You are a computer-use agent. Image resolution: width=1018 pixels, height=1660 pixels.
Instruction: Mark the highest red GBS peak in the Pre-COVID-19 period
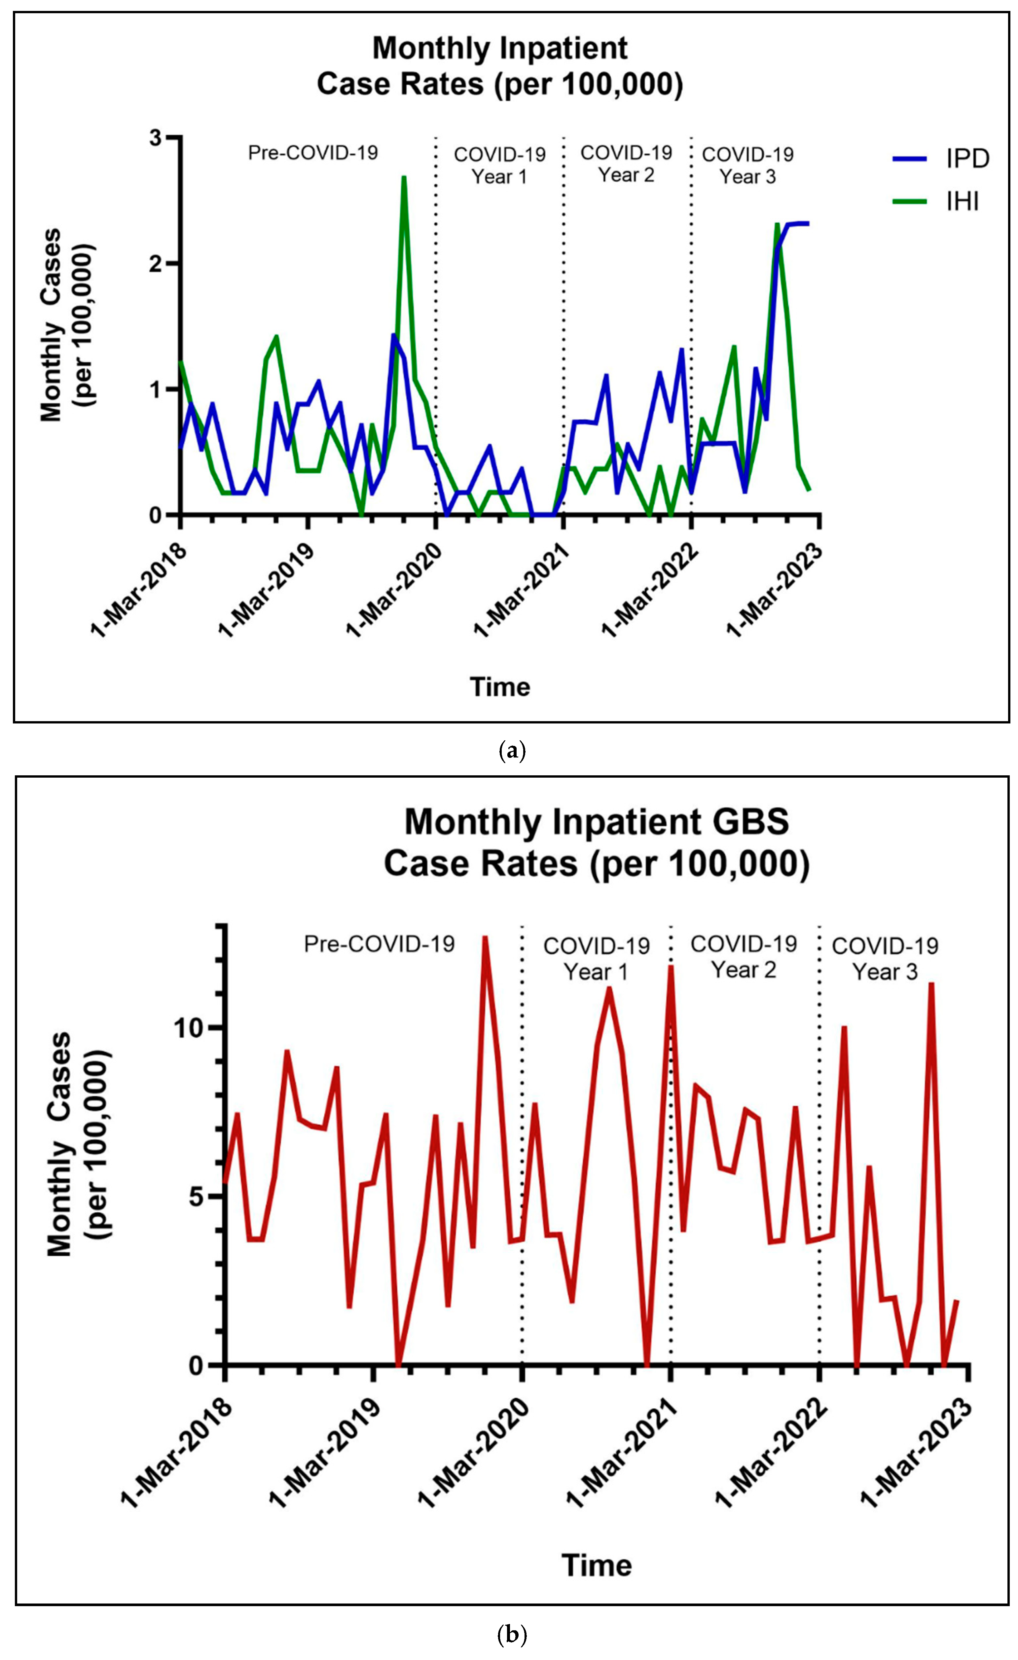485,938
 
